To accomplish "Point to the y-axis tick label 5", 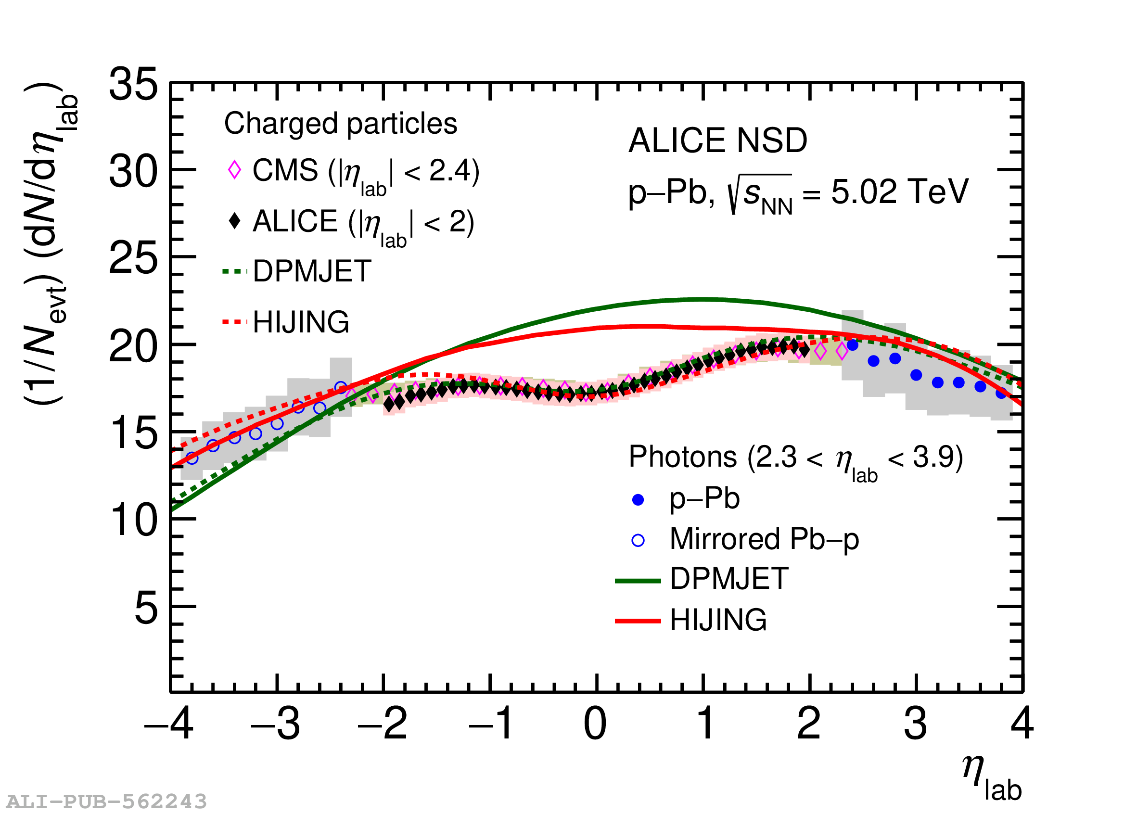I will click(146, 609).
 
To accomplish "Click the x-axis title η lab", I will click(991, 780).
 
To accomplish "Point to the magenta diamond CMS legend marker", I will click(234, 170).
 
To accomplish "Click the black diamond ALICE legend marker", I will click(234, 220).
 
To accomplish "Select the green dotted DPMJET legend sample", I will click(235, 272).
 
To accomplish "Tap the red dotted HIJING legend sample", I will click(235, 322).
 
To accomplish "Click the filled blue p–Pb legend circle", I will click(638, 500).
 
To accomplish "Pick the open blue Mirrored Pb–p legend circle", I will click(638, 540).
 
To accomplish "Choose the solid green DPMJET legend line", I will click(638, 581).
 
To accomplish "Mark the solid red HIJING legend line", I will click(638, 622).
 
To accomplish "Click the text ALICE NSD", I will click(717, 140).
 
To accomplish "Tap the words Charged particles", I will click(340, 123).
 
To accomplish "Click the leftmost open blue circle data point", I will click(192, 458).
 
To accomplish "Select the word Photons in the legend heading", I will click(682, 457).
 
